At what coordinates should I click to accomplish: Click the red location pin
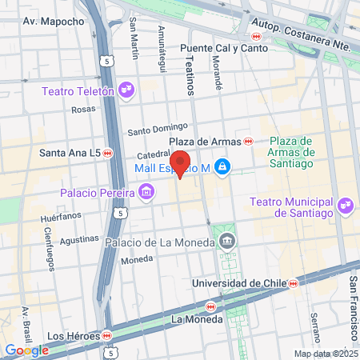[181, 163]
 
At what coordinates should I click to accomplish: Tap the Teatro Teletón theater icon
[125, 88]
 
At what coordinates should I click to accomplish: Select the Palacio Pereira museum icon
[146, 192]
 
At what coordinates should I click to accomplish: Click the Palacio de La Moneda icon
[228, 242]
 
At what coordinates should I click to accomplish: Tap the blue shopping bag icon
[223, 168]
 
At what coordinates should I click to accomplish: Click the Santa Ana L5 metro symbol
[108, 153]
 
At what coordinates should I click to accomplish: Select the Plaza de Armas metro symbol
[248, 141]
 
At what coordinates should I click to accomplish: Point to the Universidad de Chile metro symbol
[294, 283]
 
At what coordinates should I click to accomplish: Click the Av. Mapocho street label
[54, 22]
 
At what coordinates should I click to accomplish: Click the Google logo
[26, 350]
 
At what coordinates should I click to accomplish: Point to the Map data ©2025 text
[324, 354]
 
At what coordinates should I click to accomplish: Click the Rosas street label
[83, 110]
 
